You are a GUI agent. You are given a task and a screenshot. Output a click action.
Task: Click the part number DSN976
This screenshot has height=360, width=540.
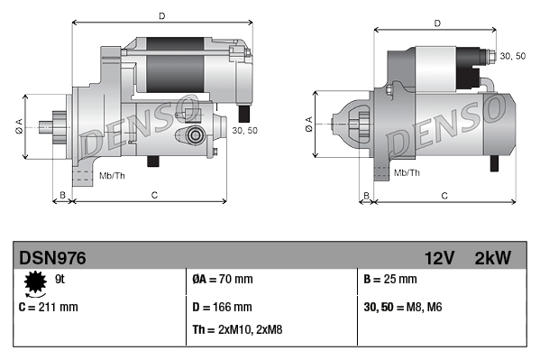click(x=53, y=258)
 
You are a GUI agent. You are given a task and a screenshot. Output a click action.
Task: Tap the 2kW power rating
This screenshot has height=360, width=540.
click(x=492, y=258)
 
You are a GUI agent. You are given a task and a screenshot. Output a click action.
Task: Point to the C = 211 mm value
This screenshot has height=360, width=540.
click(x=48, y=307)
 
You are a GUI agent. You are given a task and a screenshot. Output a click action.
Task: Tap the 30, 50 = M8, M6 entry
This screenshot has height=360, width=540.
click(x=402, y=307)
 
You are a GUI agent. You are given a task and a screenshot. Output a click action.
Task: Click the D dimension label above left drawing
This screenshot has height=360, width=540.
click(x=160, y=16)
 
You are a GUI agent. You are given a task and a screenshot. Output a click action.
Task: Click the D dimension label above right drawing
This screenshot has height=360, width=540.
click(x=436, y=23)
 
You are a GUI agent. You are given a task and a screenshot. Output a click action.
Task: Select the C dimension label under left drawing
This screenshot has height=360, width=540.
click(x=154, y=194)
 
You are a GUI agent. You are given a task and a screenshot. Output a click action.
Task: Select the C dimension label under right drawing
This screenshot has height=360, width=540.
click(x=445, y=194)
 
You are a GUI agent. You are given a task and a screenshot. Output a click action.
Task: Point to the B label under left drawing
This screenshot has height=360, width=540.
click(x=62, y=194)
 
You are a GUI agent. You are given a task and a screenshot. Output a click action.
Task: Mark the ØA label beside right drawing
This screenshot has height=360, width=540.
click(x=309, y=121)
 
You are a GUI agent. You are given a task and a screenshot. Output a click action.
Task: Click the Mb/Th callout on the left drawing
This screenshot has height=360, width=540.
click(x=112, y=174)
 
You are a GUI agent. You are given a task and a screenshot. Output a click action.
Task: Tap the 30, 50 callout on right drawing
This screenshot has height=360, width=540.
click(x=512, y=57)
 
